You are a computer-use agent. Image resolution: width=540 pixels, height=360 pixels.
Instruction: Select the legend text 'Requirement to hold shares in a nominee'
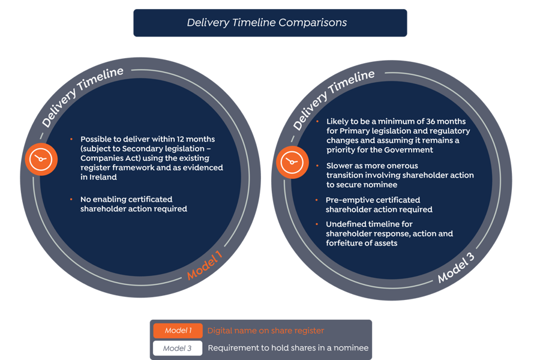point(288,348)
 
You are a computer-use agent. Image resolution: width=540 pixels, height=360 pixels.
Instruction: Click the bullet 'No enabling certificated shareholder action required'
point(133,204)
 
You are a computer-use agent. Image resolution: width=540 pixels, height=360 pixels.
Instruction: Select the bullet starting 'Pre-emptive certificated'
point(378,205)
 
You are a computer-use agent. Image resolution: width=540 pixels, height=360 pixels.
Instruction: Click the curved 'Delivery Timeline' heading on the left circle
point(82,97)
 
